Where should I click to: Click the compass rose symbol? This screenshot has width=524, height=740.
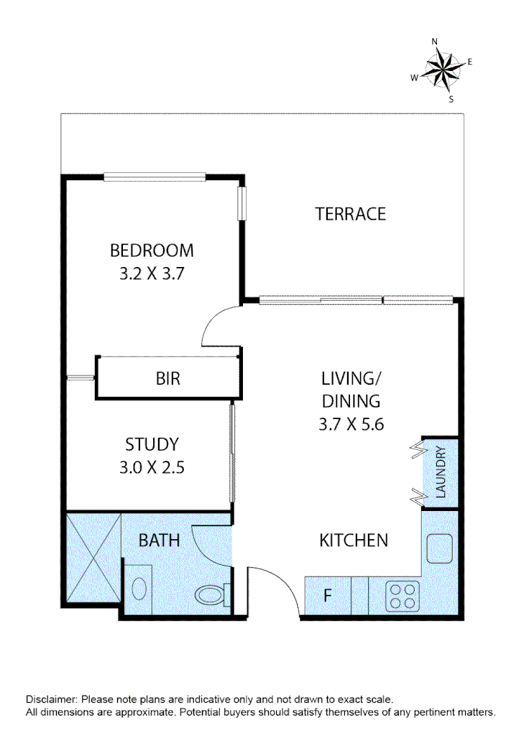[441, 69]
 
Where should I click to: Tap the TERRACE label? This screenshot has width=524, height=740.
[351, 214]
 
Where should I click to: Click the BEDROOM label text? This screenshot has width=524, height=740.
[152, 250]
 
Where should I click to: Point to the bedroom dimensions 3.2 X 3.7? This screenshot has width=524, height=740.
[152, 273]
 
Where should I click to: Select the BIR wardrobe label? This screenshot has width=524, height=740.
[167, 378]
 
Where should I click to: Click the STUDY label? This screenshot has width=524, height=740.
[152, 444]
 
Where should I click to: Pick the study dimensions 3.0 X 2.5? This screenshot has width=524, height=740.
[152, 467]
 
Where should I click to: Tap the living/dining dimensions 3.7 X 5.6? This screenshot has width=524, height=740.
[351, 424]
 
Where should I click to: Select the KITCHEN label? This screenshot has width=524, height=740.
[354, 540]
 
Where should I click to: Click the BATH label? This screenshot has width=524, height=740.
[159, 540]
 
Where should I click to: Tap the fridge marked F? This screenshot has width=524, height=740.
[327, 596]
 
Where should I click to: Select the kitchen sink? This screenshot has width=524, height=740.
[438, 549]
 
